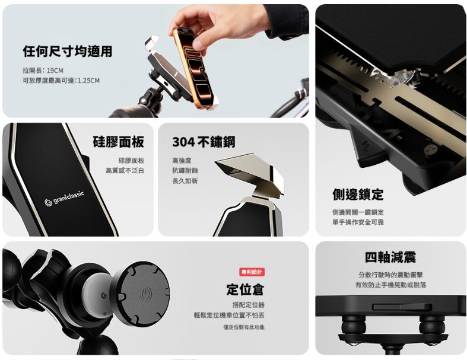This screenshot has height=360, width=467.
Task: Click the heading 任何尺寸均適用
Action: (67, 52)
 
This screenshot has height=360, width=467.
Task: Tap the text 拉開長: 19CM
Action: (43, 70)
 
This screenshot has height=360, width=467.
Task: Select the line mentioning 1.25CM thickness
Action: (61, 81)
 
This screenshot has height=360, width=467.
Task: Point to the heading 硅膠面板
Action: (118, 142)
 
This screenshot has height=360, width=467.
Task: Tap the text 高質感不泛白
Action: (125, 171)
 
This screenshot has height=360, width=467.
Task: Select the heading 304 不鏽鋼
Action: (203, 142)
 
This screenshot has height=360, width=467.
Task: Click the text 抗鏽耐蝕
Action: (185, 171)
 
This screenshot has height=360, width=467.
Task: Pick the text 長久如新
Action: (185, 181)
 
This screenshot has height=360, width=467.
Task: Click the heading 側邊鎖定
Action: (358, 195)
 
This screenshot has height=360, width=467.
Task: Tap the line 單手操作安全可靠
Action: (358, 222)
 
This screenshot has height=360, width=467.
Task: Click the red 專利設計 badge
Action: (252, 272)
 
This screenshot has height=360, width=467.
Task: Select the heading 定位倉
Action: (245, 289)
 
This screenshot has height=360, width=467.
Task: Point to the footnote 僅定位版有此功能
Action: (244, 327)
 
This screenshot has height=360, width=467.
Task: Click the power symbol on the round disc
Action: (146, 294)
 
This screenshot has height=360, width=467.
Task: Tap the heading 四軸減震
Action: (390, 257)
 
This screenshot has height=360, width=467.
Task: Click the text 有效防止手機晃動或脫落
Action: (390, 285)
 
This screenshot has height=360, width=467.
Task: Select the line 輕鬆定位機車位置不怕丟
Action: (229, 315)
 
